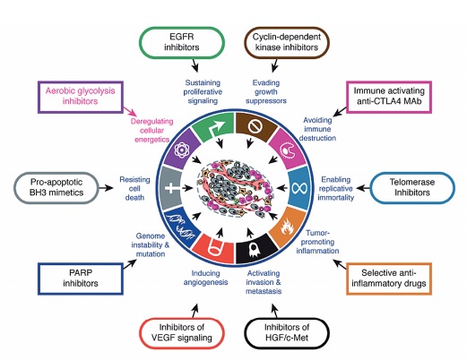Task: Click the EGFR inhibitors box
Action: tap(182, 42)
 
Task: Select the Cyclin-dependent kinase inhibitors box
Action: tap(287, 42)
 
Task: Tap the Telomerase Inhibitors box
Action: tap(412, 187)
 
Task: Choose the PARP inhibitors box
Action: tap(81, 279)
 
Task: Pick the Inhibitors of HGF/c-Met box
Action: tap(287, 333)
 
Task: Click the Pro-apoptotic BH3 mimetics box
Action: tap(56, 187)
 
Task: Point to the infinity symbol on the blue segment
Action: tap(299, 188)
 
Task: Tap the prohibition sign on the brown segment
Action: tap(255, 126)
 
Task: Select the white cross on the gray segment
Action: tap(170, 188)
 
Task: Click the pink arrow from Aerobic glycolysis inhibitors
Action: tap(130, 112)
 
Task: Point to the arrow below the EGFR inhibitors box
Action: tap(195, 64)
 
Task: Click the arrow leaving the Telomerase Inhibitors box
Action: tap(363, 188)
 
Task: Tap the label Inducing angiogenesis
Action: tap(205, 278)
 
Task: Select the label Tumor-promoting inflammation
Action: tap(317, 242)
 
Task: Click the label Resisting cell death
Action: tap(134, 188)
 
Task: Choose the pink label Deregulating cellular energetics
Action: tap(151, 131)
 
